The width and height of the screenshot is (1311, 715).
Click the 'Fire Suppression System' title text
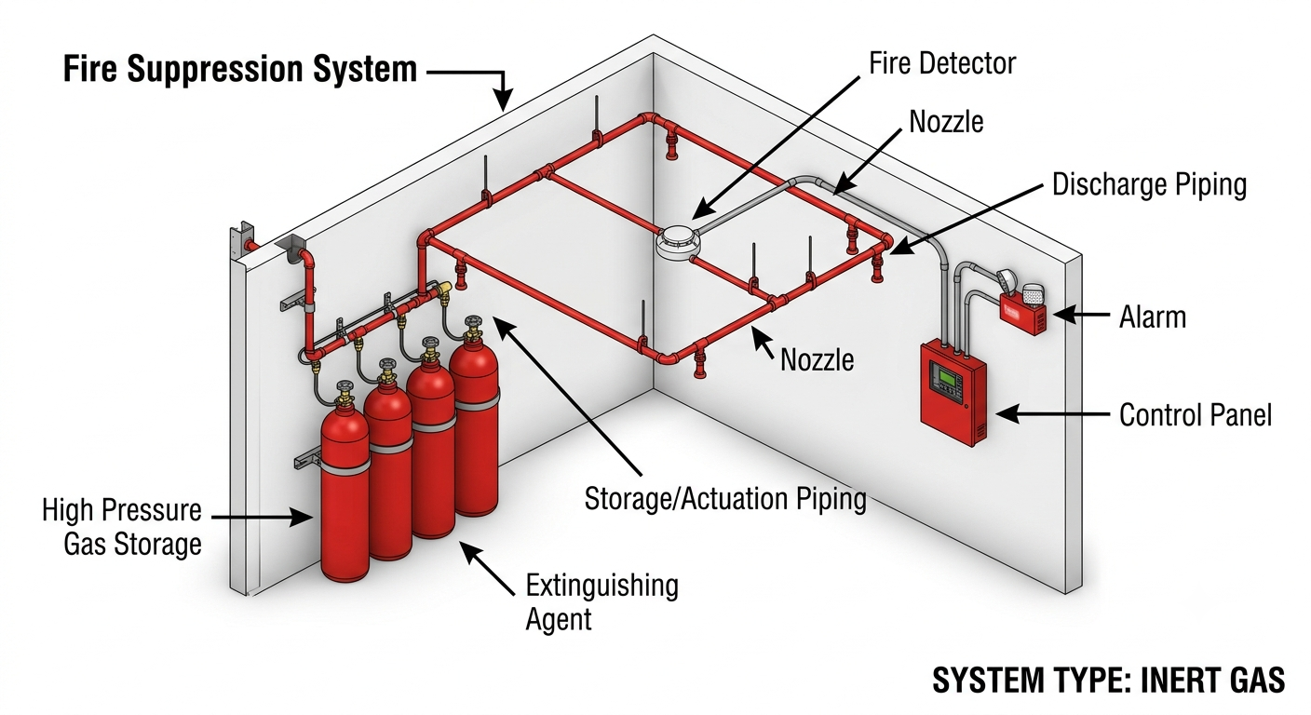click(240, 69)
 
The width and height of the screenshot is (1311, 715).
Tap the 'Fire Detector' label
click(942, 63)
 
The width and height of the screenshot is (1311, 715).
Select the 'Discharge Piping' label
click(1150, 185)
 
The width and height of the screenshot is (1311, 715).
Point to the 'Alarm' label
click(1153, 317)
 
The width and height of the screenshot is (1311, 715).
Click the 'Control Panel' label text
click(1196, 415)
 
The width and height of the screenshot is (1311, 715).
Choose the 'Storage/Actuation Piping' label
click(725, 499)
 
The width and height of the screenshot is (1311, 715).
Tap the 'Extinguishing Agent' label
click(601, 602)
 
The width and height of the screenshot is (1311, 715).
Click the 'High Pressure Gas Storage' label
click(122, 527)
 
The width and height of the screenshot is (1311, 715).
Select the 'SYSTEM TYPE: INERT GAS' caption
click(1109, 681)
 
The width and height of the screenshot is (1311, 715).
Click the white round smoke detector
click(678, 242)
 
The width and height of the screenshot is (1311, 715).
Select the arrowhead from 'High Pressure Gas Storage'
click(302, 518)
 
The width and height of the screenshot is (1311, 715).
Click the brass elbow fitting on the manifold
click(443, 288)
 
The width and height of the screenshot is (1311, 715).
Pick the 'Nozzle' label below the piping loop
click(817, 360)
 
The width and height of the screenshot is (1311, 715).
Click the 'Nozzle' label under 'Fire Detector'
click(946, 122)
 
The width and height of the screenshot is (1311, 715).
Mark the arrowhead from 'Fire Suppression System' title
click(502, 100)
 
